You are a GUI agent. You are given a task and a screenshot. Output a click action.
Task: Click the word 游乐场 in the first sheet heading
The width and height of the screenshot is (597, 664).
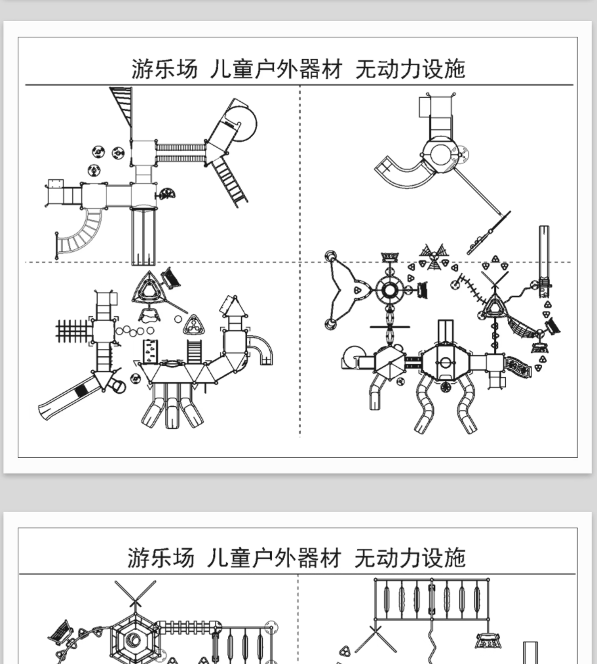(x=164, y=68)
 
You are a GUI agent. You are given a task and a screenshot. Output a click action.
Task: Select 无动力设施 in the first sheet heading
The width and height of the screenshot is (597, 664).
(x=410, y=68)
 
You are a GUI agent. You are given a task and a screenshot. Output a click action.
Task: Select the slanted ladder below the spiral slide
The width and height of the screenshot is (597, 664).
(x=230, y=179)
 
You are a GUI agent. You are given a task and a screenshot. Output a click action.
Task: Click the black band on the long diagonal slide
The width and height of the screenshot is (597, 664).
(x=81, y=391)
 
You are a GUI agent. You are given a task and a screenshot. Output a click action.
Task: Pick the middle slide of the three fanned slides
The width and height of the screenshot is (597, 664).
(x=172, y=408)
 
